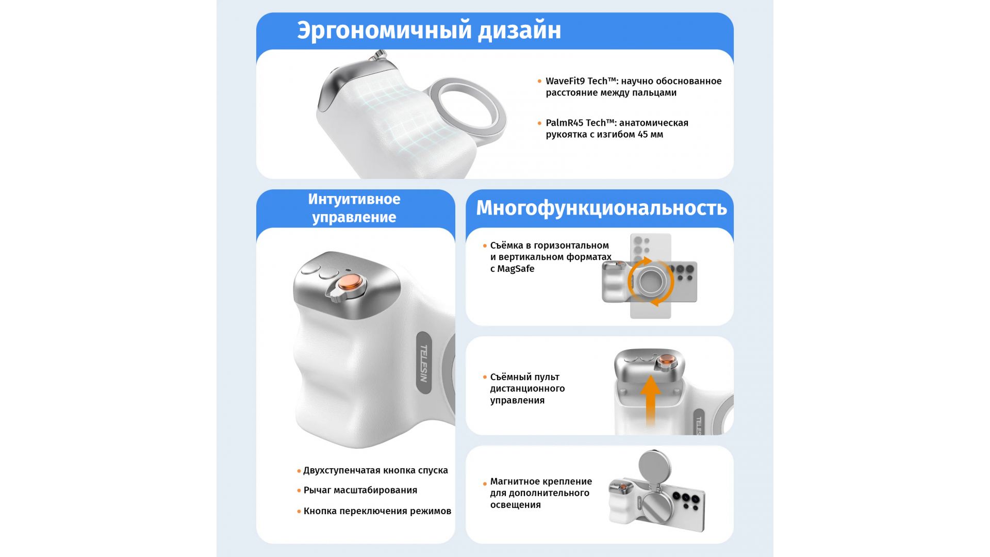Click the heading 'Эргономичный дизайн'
coord(429,30)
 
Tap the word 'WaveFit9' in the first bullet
coord(566,81)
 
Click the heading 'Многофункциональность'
coord(601,208)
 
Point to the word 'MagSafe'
coord(516,269)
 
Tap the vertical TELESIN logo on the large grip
coord(423,363)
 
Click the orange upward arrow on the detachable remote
coord(651,400)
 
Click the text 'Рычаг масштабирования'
coord(360,490)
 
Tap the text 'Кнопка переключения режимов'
coord(377,511)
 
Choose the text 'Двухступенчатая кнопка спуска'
coord(375,470)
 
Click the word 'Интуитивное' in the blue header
coord(354,199)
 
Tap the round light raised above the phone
coord(655,467)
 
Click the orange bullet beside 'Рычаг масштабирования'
coord(299,490)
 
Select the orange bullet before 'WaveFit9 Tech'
coord(540,81)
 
